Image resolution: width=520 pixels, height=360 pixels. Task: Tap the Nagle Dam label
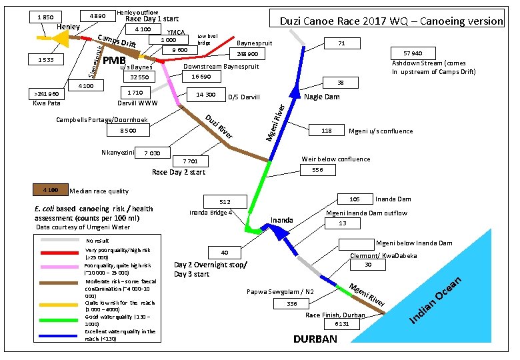point(322,97)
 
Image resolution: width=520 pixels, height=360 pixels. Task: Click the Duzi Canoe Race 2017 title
point(391,21)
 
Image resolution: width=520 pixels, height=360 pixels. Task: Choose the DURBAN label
point(315,339)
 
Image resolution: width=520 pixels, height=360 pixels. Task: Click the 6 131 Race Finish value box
point(342,324)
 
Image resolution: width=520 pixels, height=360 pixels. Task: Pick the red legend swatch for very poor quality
point(59,253)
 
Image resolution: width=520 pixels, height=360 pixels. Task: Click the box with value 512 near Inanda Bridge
point(225,202)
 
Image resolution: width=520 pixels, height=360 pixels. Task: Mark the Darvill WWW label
point(137,104)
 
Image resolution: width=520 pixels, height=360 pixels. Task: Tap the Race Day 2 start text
point(179,172)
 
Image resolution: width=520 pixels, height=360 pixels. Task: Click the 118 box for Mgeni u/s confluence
point(327,131)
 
